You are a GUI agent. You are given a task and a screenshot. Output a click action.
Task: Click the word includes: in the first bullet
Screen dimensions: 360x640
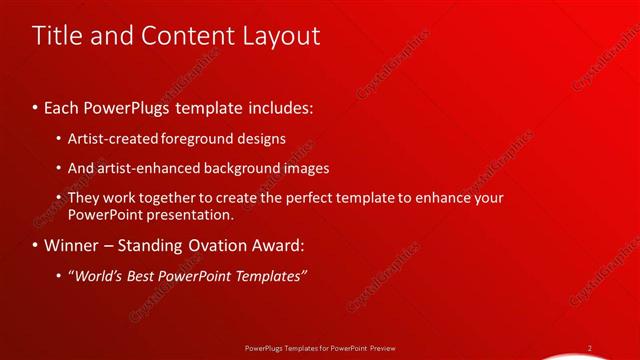[275, 106]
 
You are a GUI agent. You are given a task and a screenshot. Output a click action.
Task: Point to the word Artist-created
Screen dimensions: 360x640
[111, 139]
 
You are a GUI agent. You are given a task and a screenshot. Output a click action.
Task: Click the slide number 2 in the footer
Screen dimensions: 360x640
[590, 348]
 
